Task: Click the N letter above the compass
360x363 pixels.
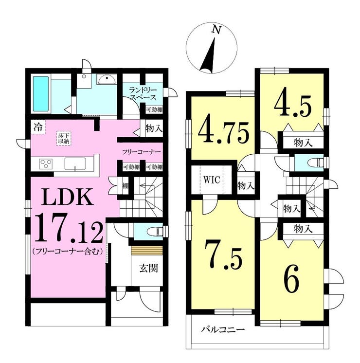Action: coord(216,30)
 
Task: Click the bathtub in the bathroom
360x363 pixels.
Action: coord(41,94)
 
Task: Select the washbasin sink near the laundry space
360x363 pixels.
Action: coord(107,80)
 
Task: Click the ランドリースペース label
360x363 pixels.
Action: coord(143,93)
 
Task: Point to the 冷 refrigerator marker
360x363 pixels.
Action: coord(38,127)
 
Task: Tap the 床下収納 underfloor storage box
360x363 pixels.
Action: coord(64,139)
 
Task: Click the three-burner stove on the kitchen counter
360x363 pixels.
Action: coord(46,163)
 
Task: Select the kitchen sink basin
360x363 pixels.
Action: coord(75,164)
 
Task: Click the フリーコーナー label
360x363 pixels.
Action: coord(141,152)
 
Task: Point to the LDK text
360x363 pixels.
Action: coord(67,197)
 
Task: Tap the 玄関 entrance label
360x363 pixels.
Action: coord(149,268)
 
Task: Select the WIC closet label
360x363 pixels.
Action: coord(211,180)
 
